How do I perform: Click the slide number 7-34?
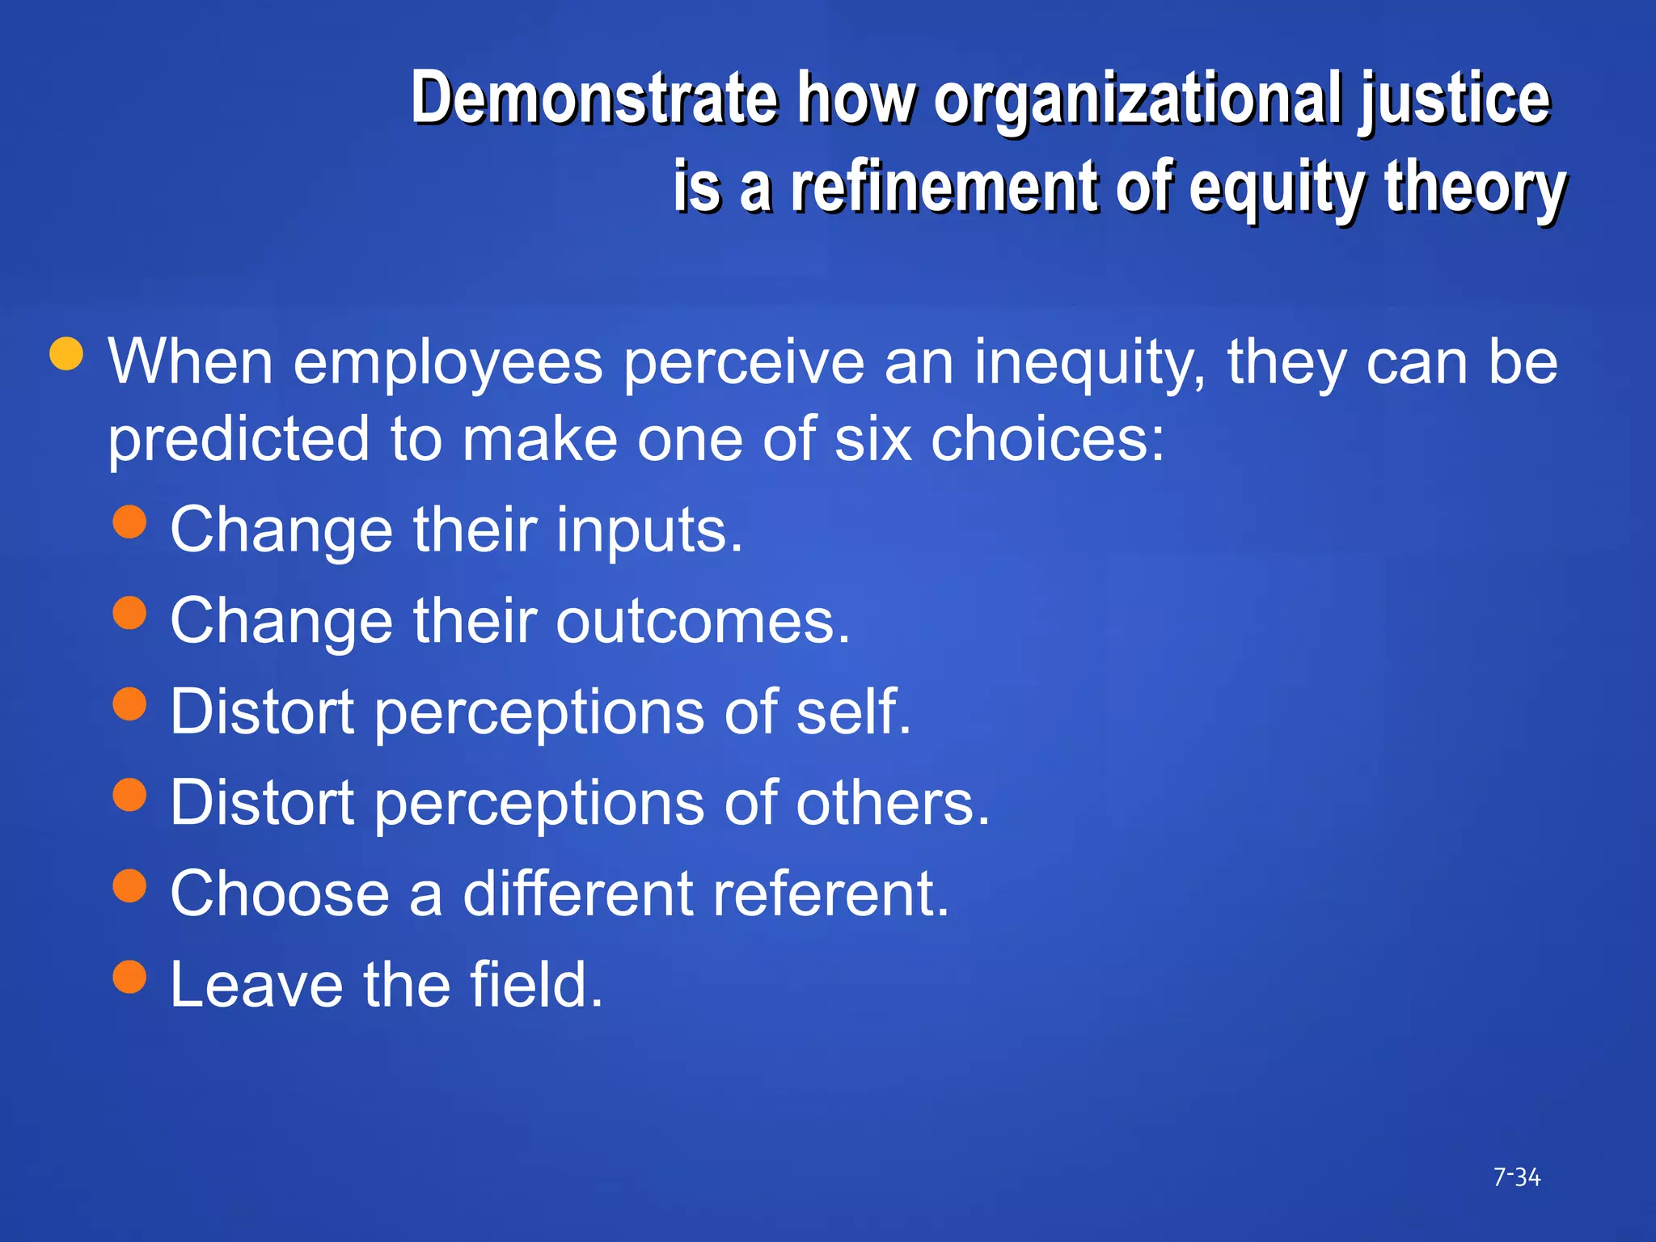(x=1516, y=1177)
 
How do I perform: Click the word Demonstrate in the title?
(x=594, y=99)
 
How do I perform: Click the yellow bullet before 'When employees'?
(x=66, y=353)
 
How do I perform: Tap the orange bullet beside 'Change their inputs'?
(x=129, y=522)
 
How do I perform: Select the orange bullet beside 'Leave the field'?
(x=129, y=976)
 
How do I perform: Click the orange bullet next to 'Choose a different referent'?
(x=129, y=885)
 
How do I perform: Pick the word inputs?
(x=648, y=532)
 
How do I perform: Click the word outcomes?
(x=703, y=622)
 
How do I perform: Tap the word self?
(x=853, y=712)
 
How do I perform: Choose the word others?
(x=893, y=803)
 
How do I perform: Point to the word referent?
(x=830, y=894)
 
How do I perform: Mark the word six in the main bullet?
(x=872, y=440)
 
